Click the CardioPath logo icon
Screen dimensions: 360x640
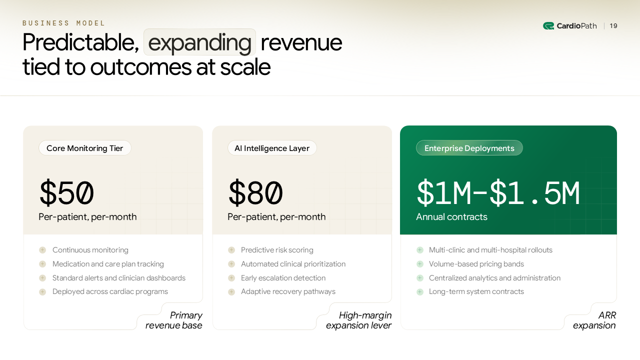tap(548, 26)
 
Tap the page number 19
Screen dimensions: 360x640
tap(613, 26)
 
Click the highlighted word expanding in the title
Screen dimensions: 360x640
tap(199, 42)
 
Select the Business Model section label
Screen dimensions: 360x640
tap(64, 23)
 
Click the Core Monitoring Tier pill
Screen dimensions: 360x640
tap(84, 148)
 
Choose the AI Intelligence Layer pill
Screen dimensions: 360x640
tap(272, 148)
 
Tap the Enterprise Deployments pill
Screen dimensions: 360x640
tap(469, 148)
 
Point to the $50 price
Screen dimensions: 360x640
tap(66, 193)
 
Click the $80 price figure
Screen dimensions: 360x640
tap(255, 193)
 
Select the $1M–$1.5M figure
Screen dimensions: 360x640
tap(498, 193)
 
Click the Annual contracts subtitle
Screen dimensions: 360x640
tap(451, 217)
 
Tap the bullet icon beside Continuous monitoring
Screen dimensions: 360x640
tap(42, 250)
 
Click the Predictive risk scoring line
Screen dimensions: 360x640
tap(277, 250)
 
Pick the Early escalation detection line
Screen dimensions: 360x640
tap(283, 278)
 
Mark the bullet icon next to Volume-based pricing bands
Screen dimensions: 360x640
tap(420, 264)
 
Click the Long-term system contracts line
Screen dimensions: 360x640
tap(476, 291)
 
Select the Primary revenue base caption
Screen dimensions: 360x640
tap(174, 320)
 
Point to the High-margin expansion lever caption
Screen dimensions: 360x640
tap(358, 320)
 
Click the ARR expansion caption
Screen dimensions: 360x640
tap(594, 320)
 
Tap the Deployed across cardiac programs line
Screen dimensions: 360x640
tap(110, 291)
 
